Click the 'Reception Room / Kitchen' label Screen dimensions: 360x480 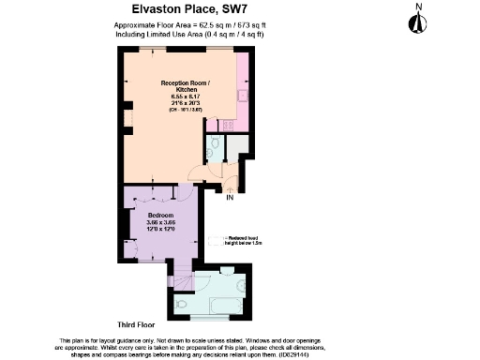(178, 85)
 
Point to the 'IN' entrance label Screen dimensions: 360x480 (230, 197)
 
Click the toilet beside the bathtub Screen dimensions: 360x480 (181, 304)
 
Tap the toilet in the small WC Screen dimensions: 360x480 (215, 142)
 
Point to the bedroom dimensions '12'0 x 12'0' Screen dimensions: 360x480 (160, 229)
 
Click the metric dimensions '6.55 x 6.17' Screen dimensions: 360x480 (178, 97)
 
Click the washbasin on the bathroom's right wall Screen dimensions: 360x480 (241, 284)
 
